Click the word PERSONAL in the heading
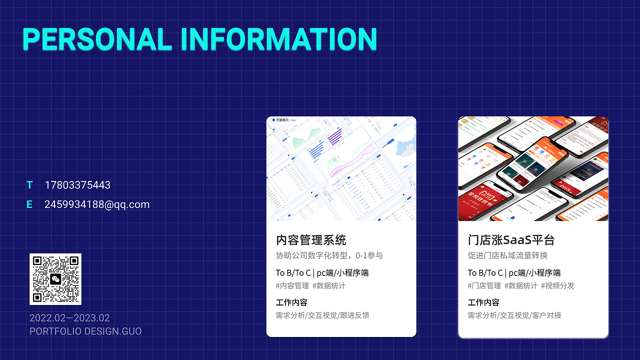pos(97,39)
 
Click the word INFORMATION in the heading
pos(278,39)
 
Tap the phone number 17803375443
pos(77,185)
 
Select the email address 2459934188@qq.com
pos(97,204)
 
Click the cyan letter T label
pos(29,185)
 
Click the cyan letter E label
pos(29,204)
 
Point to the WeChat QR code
pos(55,279)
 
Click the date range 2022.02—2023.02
pos(69,318)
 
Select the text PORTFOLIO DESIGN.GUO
pos(85,331)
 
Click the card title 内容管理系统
pos(311,240)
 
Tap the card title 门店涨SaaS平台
pos(511,240)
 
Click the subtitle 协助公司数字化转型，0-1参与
pos(329,255)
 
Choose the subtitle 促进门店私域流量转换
pos(507,255)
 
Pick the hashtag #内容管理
pos(292,285)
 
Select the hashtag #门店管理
pos(484,285)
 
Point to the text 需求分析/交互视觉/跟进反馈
pos(322,315)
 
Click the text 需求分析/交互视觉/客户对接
pos(514,315)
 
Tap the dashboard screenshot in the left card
pos(341,169)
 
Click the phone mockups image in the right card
pos(533,169)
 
